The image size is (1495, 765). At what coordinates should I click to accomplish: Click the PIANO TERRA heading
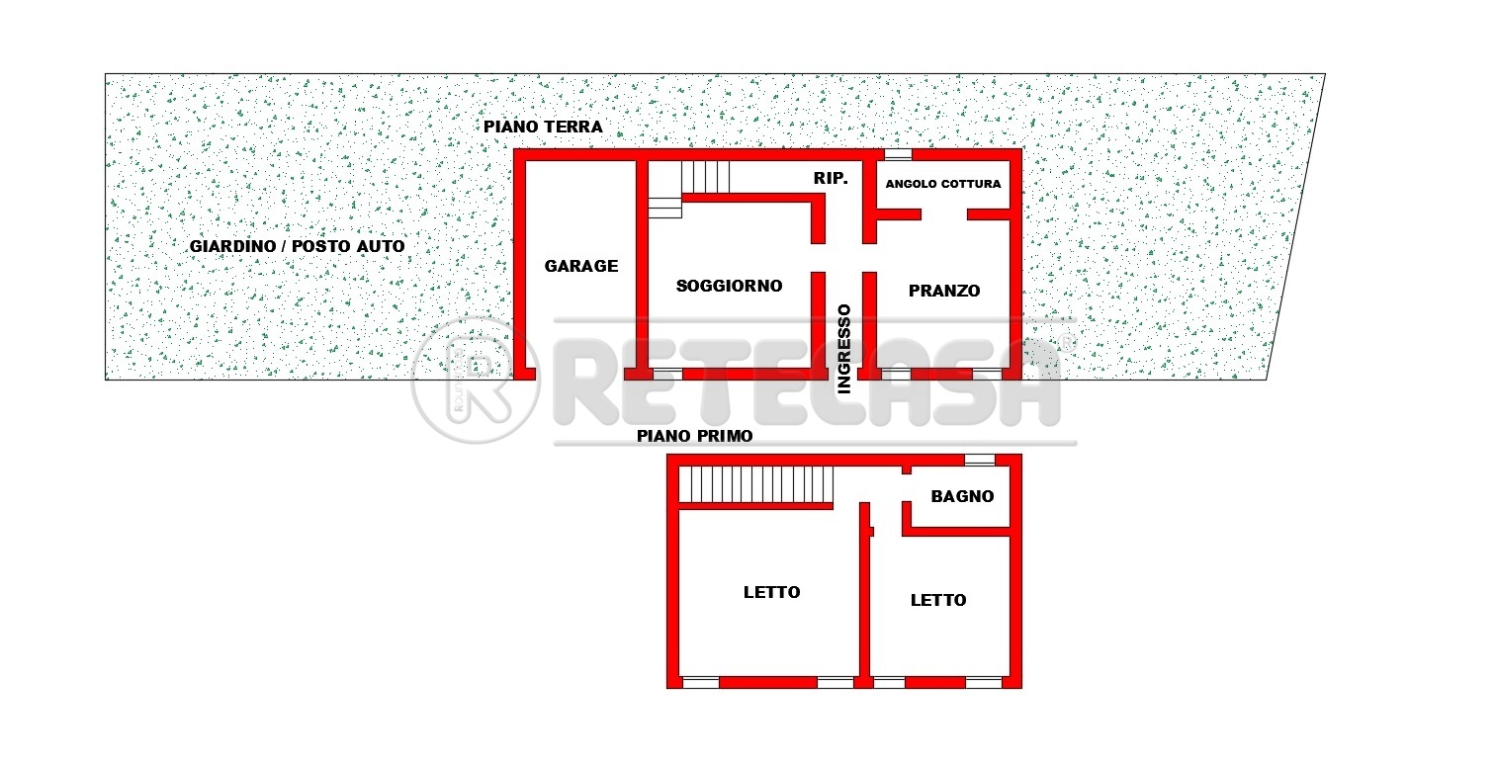pos(543,127)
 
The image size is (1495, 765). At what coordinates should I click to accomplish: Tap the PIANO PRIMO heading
pos(695,436)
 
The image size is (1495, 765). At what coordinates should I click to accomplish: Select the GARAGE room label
pos(581,266)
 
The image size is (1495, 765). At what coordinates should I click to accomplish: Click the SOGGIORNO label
pos(729,286)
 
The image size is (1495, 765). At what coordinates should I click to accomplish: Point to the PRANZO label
pos(944,291)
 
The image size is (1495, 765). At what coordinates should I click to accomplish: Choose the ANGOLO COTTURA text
pos(943,184)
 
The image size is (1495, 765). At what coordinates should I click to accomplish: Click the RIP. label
pos(831,178)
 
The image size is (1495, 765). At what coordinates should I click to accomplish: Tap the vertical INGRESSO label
pos(844,349)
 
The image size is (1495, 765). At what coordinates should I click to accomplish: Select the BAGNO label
pos(962,496)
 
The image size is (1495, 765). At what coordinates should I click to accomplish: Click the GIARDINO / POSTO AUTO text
pos(297,246)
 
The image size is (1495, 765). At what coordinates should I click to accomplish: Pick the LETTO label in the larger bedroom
pos(771,592)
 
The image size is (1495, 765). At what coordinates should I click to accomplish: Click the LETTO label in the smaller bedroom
pos(938,600)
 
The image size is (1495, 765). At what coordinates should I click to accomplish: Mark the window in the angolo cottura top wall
pos(899,155)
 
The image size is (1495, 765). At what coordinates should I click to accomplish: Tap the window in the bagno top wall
pos(980,461)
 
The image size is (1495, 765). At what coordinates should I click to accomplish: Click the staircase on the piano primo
pos(756,484)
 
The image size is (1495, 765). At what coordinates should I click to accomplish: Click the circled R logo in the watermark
pos(476,381)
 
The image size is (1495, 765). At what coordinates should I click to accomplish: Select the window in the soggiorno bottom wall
pos(667,375)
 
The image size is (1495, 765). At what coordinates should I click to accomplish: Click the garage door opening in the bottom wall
pos(580,375)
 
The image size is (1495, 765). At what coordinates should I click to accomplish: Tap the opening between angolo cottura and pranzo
pos(944,214)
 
